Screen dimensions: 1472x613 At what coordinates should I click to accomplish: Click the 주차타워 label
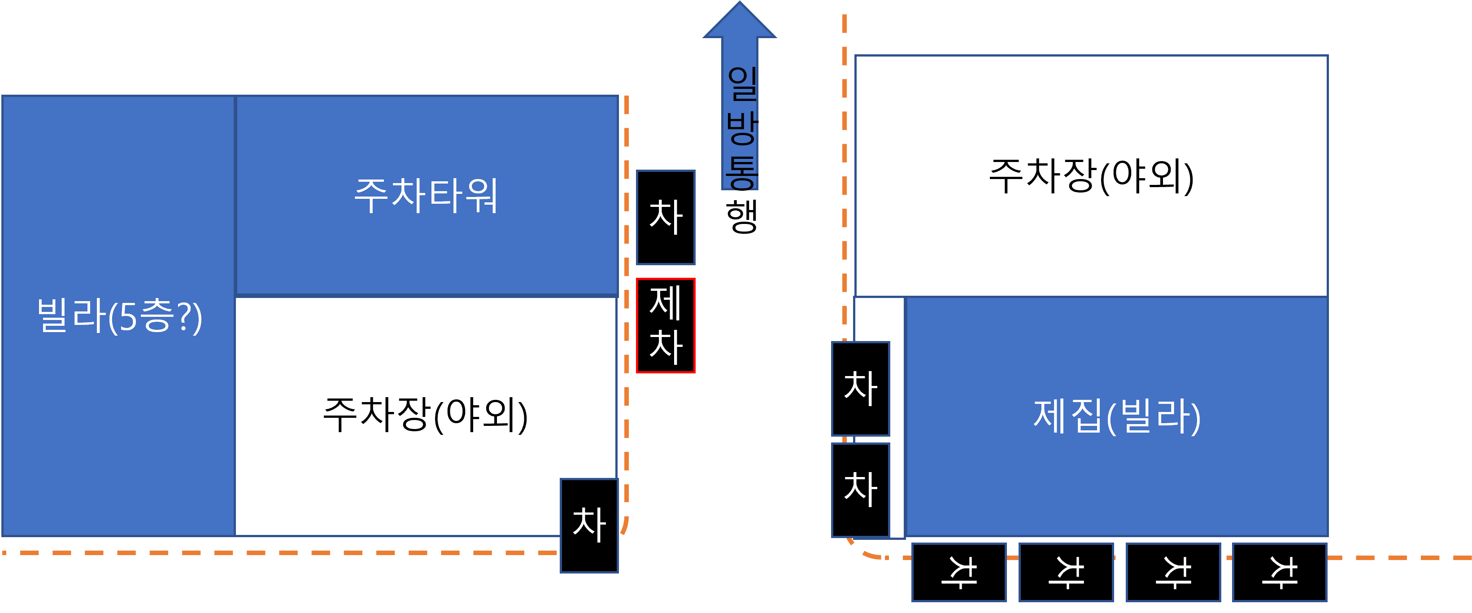(x=426, y=196)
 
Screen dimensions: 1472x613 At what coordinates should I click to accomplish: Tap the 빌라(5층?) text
(x=119, y=315)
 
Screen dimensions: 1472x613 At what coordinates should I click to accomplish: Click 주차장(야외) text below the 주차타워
(x=426, y=415)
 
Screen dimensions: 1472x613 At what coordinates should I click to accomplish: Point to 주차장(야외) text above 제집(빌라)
(x=1091, y=176)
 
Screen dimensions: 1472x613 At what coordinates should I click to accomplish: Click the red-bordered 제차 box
(x=666, y=325)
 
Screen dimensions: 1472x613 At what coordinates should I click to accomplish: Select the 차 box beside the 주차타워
(x=666, y=217)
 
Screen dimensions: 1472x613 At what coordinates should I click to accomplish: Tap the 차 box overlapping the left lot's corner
(x=589, y=525)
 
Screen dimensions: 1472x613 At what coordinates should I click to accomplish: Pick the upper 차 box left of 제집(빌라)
(x=861, y=389)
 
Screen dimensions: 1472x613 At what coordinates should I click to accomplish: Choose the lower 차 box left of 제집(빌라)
(x=861, y=490)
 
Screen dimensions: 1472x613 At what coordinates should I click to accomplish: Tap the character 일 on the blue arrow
(x=742, y=83)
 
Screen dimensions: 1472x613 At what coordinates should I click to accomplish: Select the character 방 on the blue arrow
(x=742, y=128)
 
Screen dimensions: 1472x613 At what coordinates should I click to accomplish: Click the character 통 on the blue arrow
(x=742, y=172)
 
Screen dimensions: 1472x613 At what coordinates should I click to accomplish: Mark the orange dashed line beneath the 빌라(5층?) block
(x=280, y=553)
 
